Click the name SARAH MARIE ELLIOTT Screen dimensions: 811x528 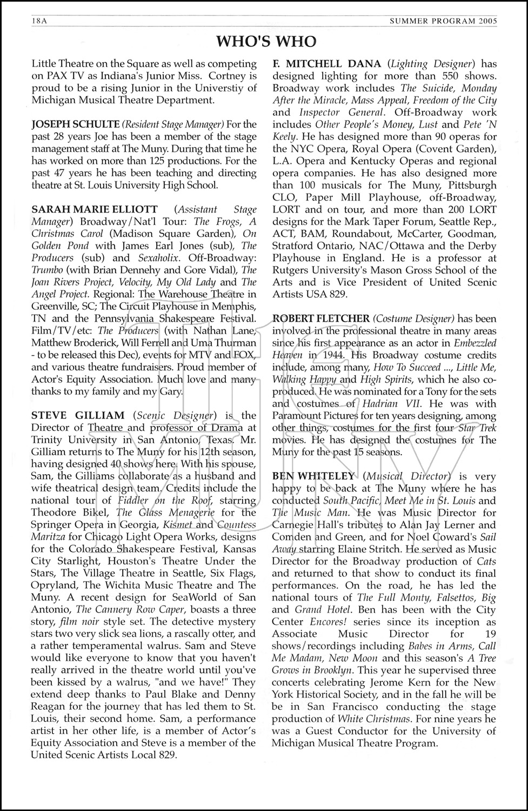click(95, 209)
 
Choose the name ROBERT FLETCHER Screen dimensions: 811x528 click(321, 318)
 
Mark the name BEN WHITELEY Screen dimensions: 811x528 click(313, 476)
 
